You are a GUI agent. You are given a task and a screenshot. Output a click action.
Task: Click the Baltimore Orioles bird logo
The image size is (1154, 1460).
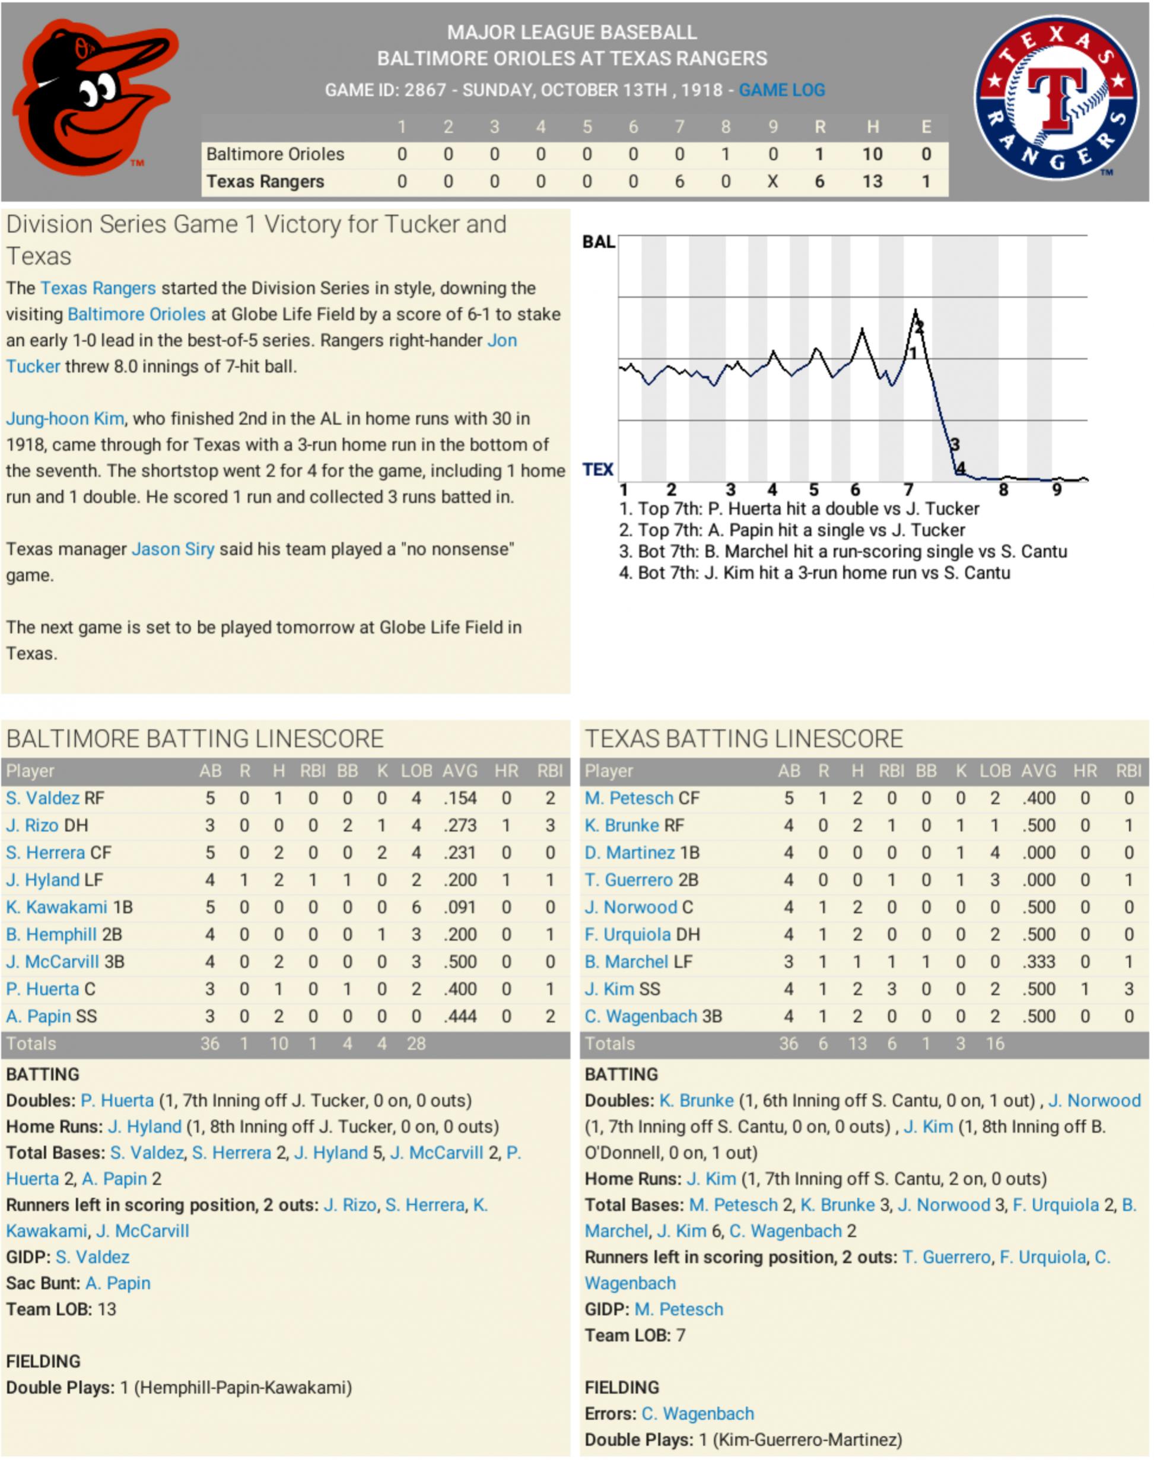coord(94,98)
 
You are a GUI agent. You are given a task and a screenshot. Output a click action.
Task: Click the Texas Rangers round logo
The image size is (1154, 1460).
coord(1056,98)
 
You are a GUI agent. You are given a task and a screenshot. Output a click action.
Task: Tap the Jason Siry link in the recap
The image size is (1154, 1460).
coord(172,549)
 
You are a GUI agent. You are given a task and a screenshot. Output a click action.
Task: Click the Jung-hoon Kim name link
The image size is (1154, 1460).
coord(65,418)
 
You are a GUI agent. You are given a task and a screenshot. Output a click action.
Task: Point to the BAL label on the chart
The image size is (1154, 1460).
coord(598,242)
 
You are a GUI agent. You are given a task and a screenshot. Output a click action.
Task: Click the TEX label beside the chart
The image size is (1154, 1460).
coord(598,469)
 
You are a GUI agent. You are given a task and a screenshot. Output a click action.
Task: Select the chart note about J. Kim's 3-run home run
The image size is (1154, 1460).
coord(814,573)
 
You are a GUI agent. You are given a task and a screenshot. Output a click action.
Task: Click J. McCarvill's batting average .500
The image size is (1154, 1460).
coord(459,962)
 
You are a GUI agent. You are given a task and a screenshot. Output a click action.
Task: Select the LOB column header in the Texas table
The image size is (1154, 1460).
coord(994,771)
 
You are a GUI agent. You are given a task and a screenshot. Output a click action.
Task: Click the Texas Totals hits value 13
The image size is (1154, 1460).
coord(857,1044)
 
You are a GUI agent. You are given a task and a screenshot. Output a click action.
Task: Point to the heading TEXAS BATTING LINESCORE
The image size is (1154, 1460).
coord(743,739)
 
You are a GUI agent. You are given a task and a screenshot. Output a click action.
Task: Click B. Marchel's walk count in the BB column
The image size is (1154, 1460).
coord(926,962)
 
